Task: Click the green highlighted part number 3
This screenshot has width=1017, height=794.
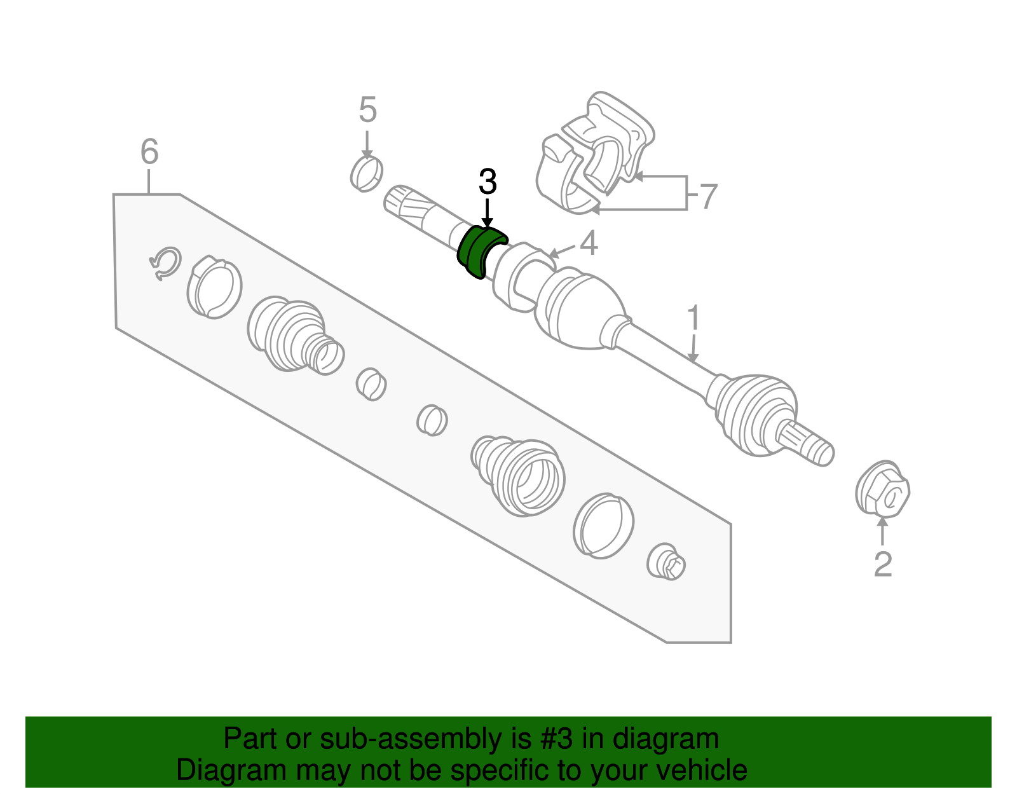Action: [479, 252]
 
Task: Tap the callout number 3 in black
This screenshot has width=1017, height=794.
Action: [487, 182]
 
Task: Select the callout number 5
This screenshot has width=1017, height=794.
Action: [367, 110]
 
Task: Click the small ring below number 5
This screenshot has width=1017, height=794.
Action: [366, 173]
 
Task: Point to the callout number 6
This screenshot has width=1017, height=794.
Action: [149, 152]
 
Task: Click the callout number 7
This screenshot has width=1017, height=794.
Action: [708, 196]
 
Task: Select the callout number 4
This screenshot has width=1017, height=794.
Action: [589, 243]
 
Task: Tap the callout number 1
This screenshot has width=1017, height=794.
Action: [693, 318]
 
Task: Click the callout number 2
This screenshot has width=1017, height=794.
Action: [883, 564]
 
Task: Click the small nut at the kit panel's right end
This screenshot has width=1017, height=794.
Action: [666, 562]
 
